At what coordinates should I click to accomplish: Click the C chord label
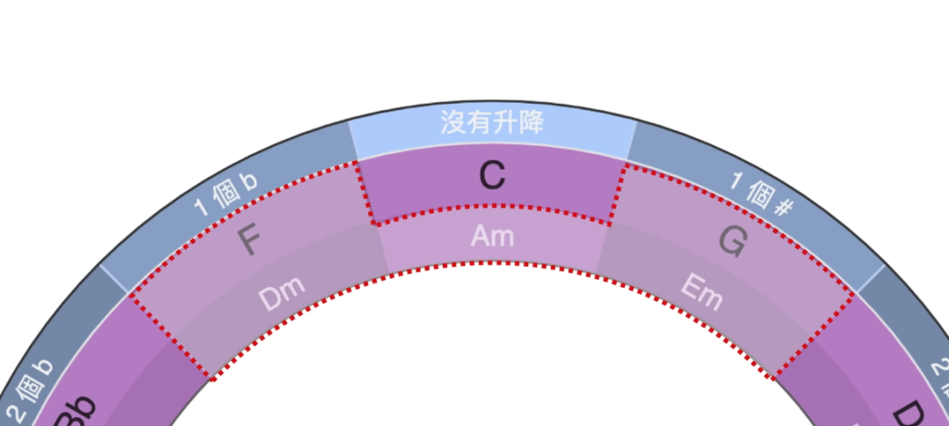point(492,176)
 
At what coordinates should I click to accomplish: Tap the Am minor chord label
point(492,235)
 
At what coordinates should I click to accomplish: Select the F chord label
point(249,242)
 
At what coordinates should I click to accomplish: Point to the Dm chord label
point(281,297)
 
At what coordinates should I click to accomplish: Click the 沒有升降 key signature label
point(492,123)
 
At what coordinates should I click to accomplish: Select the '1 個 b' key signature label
point(226,193)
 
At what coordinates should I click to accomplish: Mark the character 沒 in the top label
point(453,123)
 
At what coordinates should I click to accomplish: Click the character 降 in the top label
point(532,123)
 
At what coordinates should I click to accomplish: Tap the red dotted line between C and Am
point(492,207)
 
